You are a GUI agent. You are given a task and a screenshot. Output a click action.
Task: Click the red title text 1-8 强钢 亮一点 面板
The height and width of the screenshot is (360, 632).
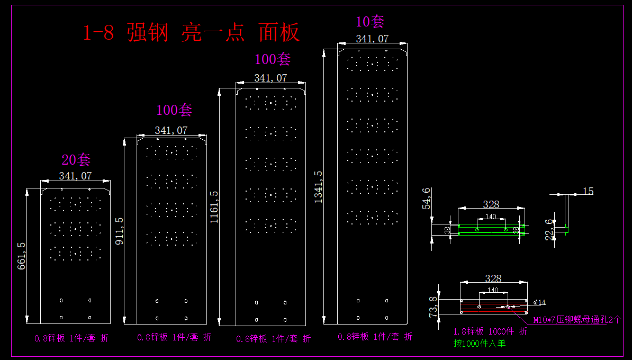click(x=192, y=33)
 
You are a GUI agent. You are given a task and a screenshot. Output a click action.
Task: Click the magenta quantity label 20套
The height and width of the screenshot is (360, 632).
click(x=76, y=160)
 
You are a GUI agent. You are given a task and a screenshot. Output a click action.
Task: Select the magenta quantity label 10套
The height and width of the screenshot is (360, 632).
click(x=370, y=22)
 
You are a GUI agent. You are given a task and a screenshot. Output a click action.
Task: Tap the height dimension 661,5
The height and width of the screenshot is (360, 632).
click(x=22, y=256)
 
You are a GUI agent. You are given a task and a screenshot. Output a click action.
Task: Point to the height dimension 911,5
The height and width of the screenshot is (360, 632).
click(x=119, y=231)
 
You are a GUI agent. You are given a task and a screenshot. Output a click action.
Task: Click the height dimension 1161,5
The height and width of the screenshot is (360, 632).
click(x=214, y=207)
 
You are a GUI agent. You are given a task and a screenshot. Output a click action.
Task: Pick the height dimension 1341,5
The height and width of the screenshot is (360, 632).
click(x=318, y=187)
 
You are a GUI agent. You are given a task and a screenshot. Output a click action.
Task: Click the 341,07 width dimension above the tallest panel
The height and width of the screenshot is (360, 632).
click(x=372, y=39)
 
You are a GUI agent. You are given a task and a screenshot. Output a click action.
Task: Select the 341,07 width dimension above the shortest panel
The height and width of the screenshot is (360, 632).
click(x=75, y=176)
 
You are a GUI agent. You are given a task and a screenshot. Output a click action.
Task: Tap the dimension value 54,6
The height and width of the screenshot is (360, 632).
click(x=427, y=199)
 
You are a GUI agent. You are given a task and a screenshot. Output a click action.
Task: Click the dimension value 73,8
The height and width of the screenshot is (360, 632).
click(x=433, y=307)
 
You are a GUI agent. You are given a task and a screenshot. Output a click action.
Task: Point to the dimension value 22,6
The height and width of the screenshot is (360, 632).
click(x=549, y=229)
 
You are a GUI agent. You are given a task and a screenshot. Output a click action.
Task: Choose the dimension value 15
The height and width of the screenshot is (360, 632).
click(x=588, y=191)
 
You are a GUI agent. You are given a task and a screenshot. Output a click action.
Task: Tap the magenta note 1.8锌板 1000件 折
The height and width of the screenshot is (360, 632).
click(x=490, y=331)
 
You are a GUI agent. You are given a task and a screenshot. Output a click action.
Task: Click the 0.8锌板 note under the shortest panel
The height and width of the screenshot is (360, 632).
click(x=71, y=338)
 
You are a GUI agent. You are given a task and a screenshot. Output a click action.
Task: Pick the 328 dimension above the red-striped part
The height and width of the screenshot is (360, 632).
click(x=493, y=278)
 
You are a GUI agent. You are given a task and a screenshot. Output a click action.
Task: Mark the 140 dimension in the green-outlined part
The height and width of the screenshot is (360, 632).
click(x=491, y=217)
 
